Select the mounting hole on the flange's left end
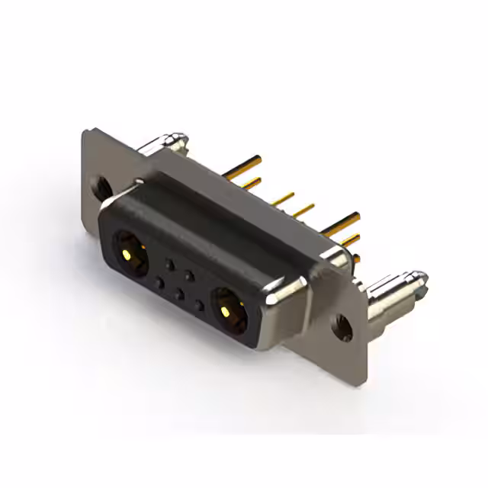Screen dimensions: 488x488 (x=98, y=185)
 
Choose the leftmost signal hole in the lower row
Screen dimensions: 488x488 (x=159, y=284)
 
